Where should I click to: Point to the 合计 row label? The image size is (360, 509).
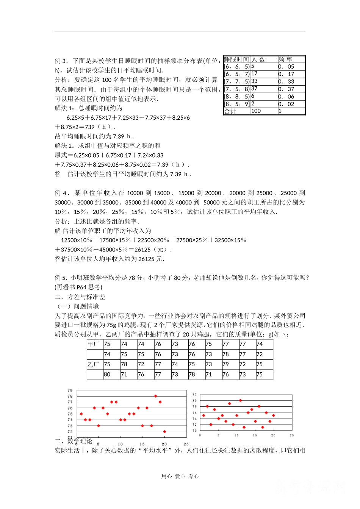[x=230, y=111]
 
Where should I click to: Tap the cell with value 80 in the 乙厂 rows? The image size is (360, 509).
[x=107, y=375]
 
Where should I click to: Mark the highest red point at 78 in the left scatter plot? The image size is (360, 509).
[x=156, y=396]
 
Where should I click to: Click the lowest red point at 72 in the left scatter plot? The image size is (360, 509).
[x=164, y=432]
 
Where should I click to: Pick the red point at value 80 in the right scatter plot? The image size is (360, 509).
[x=240, y=400]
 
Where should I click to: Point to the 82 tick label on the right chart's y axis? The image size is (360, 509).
[x=194, y=395]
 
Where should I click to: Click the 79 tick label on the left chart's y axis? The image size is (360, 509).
[x=70, y=390]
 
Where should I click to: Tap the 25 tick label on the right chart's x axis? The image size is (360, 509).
[x=291, y=436]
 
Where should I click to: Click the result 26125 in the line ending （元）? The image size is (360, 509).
[x=142, y=250]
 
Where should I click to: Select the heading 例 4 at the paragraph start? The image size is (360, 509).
[x=61, y=193]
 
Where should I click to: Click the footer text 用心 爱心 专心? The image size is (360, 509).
[x=180, y=476]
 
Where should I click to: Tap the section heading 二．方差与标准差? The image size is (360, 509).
[x=80, y=297]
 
